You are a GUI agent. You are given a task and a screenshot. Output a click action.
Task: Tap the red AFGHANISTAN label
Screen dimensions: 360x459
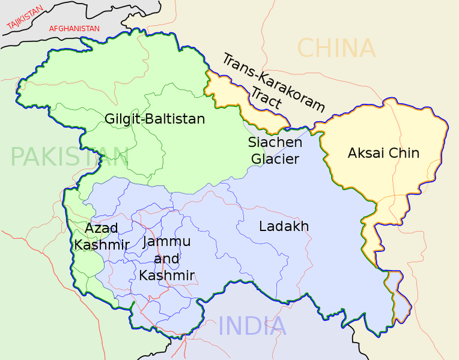tap(74, 29)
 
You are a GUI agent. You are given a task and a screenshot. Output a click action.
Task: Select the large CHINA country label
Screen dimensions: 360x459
tap(336, 48)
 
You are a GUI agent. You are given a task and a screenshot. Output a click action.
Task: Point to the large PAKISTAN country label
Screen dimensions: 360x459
tap(69, 157)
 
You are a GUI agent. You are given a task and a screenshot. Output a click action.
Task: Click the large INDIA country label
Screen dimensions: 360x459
tap(252, 326)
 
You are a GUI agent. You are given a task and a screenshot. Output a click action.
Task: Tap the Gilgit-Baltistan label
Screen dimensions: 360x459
tap(155, 119)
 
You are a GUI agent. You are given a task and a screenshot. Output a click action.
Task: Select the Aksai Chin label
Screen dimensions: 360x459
tap(383, 153)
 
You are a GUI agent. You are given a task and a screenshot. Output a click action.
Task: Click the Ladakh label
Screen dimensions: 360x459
tap(284, 226)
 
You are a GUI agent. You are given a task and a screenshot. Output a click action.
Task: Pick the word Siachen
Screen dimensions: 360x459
tap(275, 143)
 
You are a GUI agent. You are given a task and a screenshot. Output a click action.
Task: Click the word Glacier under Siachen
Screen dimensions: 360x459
tap(275, 159)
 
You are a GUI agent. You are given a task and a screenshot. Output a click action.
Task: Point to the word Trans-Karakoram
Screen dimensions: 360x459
tap(273, 82)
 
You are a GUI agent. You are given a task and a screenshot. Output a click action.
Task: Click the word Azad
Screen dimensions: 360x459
tap(101, 228)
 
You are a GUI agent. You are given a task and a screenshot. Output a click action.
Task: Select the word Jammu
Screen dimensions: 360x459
tap(167, 242)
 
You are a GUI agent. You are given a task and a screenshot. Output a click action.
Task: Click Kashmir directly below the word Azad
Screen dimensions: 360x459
tap(102, 245)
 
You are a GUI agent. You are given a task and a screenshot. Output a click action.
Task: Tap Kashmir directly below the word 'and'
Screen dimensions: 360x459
tap(167, 275)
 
